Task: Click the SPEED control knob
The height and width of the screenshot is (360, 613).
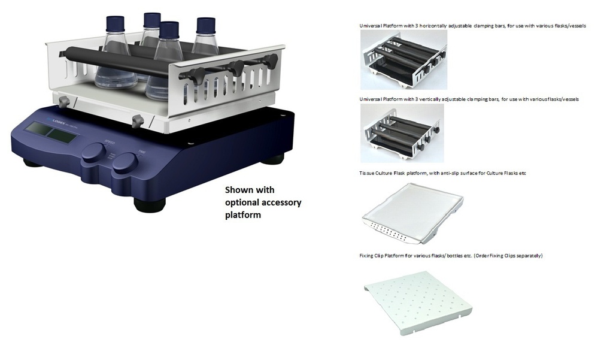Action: pyautogui.click(x=94, y=152)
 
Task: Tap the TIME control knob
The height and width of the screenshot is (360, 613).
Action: pyautogui.click(x=125, y=161)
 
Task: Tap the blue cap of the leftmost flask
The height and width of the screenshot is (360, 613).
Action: pyautogui.click(x=115, y=23)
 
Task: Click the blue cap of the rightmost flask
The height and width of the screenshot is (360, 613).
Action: pyautogui.click(x=205, y=25)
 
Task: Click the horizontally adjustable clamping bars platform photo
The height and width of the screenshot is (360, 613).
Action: pyautogui.click(x=403, y=60)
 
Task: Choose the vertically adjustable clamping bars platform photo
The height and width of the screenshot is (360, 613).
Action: pyautogui.click(x=402, y=132)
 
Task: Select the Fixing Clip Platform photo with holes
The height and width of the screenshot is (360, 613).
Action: pyautogui.click(x=418, y=302)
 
